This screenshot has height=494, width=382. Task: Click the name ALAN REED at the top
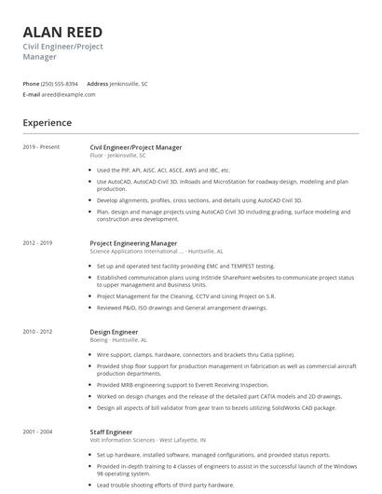tap(62, 33)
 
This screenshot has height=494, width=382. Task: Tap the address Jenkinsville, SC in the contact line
tap(129, 84)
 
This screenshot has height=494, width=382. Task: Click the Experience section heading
tap(48, 123)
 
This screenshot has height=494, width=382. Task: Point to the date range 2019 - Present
tap(41, 147)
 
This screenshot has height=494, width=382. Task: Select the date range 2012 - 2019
tap(38, 243)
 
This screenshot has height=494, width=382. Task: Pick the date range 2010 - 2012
tap(38, 332)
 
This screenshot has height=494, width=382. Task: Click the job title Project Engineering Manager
tap(133, 243)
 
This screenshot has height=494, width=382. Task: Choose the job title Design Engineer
tap(114, 332)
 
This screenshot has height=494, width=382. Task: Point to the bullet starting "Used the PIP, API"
tap(163, 171)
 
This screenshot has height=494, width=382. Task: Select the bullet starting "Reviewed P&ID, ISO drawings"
tap(182, 308)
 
